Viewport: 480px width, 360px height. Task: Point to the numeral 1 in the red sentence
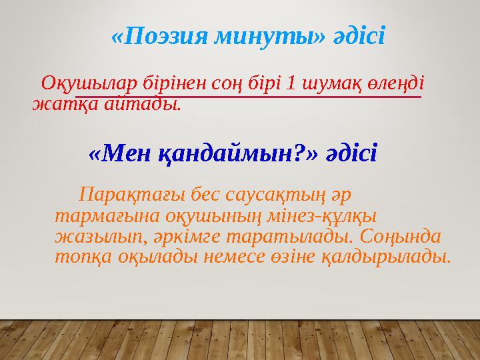tap(291, 85)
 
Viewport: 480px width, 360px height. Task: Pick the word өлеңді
tap(397, 85)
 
